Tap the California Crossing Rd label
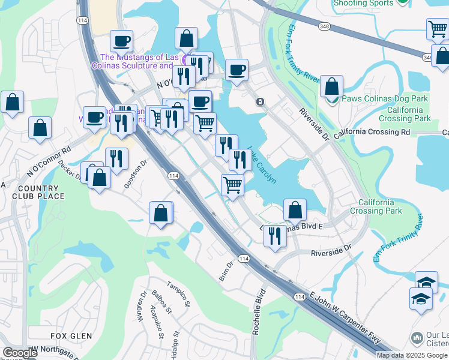(x=372, y=131)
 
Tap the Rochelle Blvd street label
(x=259, y=312)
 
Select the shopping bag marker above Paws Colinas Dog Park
(x=331, y=86)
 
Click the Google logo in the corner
(x=19, y=353)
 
